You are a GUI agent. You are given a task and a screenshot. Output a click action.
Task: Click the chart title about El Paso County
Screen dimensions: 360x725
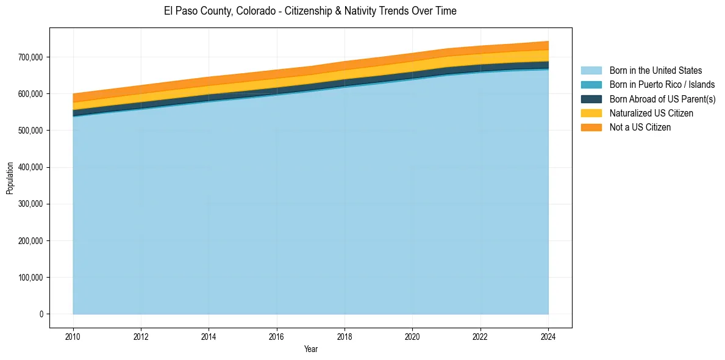310,11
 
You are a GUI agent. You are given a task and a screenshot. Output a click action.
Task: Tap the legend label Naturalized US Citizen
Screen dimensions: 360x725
651,113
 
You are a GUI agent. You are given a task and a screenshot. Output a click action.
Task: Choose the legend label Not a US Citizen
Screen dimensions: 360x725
640,127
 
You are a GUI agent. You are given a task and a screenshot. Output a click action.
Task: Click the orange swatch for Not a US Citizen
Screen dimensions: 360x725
591,127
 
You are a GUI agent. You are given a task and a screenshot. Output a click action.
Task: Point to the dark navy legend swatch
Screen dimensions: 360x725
591,99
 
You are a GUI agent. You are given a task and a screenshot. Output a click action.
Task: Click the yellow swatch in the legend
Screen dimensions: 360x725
591,113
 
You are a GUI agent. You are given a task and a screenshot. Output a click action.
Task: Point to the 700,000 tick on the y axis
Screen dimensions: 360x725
31,57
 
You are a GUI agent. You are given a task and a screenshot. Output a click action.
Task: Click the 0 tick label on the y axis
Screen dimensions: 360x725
41,314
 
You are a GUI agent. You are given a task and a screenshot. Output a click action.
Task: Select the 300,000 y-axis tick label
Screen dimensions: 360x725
31,204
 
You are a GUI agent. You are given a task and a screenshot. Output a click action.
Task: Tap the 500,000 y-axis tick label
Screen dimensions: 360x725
31,131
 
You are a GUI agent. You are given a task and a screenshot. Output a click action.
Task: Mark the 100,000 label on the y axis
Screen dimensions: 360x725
31,278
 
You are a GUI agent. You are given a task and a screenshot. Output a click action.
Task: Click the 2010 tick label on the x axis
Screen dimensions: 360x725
73,336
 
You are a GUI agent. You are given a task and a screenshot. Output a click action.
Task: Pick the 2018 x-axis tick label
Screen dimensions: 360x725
345,336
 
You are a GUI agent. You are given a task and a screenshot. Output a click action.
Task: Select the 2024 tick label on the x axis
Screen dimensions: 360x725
548,336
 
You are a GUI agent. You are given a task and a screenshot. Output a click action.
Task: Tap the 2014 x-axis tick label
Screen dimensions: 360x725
209,336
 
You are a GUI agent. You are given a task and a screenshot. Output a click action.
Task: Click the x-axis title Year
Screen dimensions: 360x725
310,349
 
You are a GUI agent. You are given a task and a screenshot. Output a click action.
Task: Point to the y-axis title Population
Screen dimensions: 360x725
10,178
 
